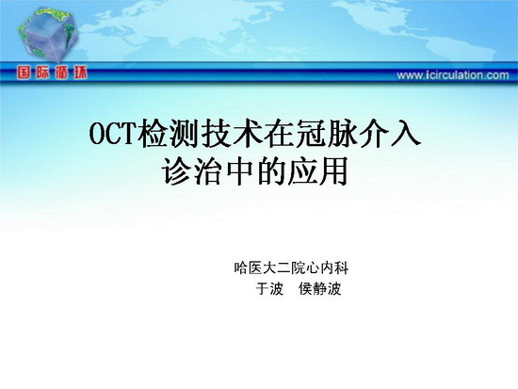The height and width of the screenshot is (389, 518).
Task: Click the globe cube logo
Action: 48,35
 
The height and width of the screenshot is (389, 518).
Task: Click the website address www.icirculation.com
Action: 453,75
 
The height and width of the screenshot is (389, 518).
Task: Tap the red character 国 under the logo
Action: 24,73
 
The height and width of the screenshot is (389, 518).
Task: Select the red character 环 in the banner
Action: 80,73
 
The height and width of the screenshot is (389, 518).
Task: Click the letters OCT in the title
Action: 113,134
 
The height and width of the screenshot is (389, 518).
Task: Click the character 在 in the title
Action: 280,134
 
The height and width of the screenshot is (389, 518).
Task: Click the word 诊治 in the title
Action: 192,171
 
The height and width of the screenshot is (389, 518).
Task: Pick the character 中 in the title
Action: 239,171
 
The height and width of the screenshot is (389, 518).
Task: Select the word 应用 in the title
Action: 317,171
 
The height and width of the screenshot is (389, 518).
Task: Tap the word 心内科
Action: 327,267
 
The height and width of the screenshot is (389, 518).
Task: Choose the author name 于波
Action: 269,289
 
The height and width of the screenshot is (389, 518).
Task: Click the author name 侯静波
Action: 319,289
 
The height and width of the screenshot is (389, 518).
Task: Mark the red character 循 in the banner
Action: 61,73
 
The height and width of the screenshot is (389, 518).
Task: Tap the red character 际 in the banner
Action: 42,73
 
